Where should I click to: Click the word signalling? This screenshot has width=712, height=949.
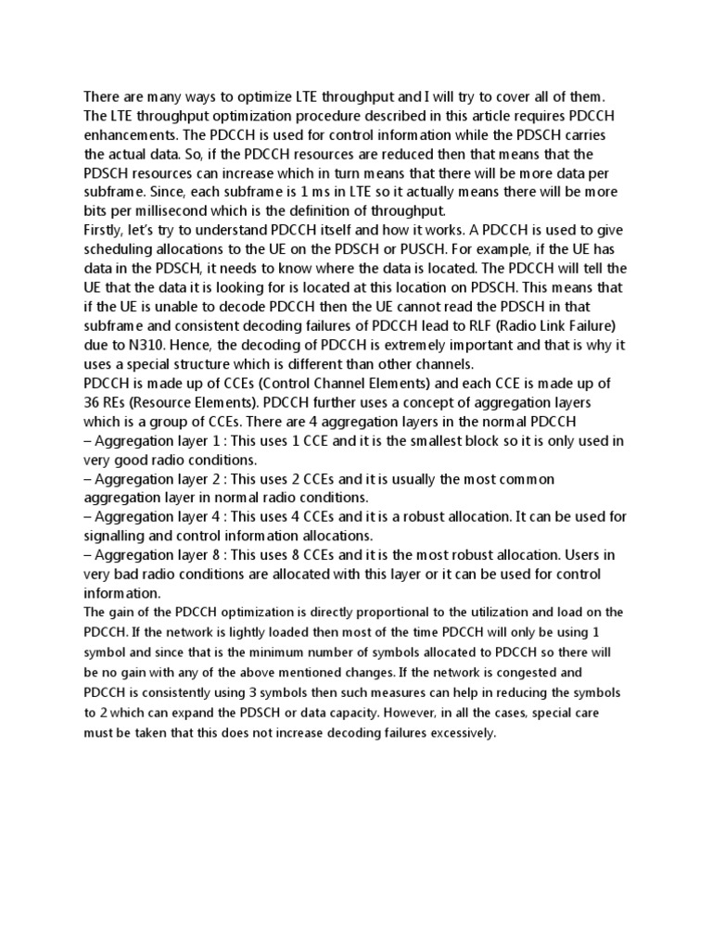click(119, 535)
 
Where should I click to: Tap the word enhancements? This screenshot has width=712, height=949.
click(133, 134)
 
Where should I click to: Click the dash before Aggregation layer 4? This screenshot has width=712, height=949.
click(88, 516)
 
